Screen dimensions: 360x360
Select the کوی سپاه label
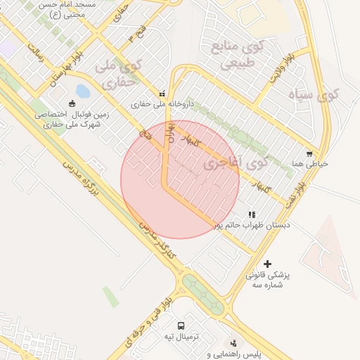pos(313,94)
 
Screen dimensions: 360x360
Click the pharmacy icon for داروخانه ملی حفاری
pos(162,93)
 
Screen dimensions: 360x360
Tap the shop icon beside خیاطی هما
pos(309,153)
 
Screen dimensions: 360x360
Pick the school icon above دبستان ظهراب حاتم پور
pos(252,214)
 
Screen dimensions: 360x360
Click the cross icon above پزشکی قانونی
pos(266,263)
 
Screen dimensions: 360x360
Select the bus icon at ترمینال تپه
pos(181,326)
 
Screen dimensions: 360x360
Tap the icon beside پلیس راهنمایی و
pos(233,343)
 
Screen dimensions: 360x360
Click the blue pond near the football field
pos(83,91)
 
